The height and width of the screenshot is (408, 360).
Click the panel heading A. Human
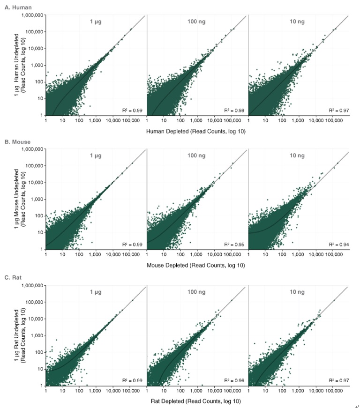16,7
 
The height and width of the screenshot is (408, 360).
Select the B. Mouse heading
16,140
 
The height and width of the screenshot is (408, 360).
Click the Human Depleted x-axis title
196,131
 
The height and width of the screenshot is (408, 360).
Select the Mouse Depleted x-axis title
196,265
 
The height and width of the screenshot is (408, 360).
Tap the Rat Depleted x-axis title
196,401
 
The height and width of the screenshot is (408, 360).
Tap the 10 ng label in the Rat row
298,291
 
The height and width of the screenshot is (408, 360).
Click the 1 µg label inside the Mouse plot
97,155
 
